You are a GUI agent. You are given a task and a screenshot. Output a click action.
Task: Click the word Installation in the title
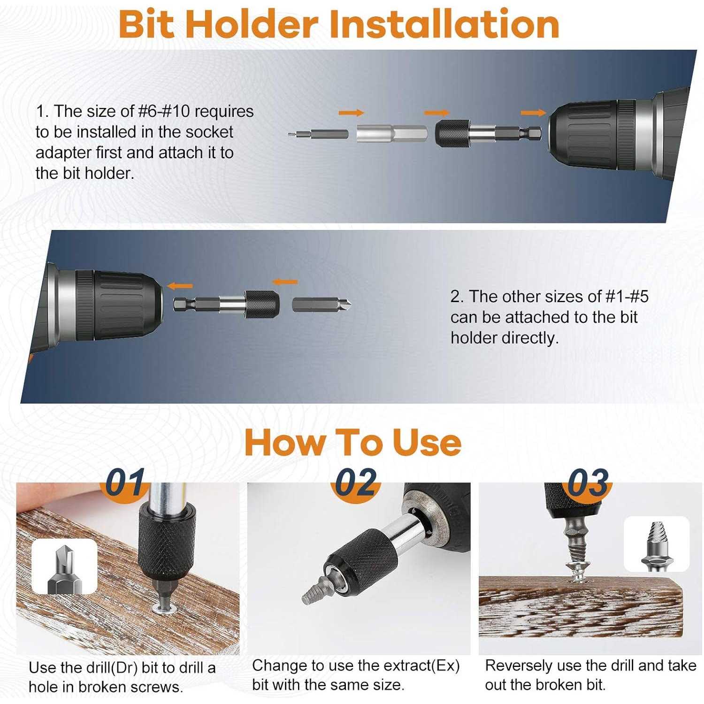pyautogui.click(x=444, y=24)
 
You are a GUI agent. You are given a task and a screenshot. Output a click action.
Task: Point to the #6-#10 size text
pyautogui.click(x=164, y=112)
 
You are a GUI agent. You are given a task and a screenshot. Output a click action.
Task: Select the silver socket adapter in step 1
pyautogui.click(x=392, y=133)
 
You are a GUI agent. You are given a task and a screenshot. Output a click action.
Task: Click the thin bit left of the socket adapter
pyautogui.click(x=318, y=134)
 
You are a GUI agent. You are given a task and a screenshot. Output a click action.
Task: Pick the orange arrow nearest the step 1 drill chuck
pyautogui.click(x=533, y=113)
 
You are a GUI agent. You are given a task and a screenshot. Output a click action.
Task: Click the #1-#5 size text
pyautogui.click(x=627, y=297)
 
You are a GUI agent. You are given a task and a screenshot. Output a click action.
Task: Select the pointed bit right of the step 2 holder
pyautogui.click(x=321, y=304)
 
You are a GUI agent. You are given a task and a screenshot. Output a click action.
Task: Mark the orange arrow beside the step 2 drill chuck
pyautogui.click(x=180, y=286)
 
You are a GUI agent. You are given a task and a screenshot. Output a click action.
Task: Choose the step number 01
pyautogui.click(x=124, y=482)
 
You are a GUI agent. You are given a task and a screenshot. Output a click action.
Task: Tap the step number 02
pyautogui.click(x=355, y=482)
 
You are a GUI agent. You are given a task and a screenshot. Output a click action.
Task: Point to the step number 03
pyautogui.click(x=588, y=482)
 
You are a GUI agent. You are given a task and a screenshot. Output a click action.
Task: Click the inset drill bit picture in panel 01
pyautogui.click(x=64, y=566)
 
